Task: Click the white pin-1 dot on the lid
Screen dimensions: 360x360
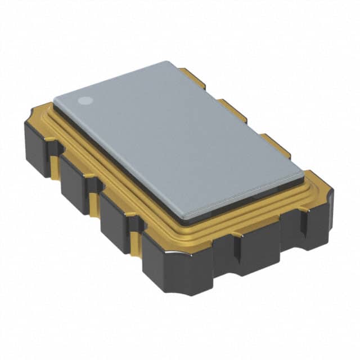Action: tap(85, 101)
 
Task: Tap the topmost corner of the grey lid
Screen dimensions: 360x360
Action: tap(168, 62)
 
